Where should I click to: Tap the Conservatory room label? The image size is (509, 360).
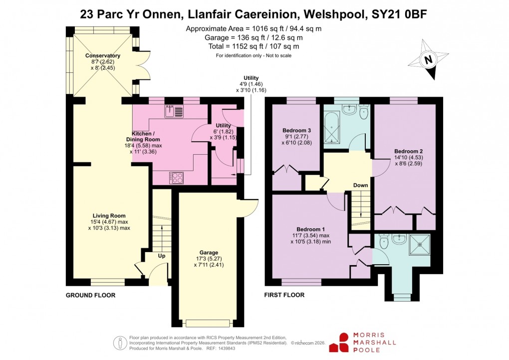click(102, 55)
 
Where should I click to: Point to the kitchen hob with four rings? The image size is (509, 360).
click(177, 177)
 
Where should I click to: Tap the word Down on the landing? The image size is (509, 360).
click(360, 186)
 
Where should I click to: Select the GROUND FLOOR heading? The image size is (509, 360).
click(91, 296)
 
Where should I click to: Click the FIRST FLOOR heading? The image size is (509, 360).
click(284, 296)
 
